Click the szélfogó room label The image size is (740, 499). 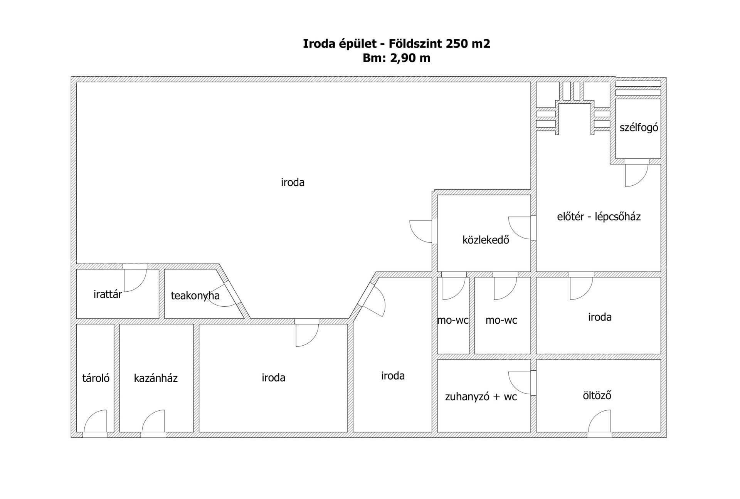639,128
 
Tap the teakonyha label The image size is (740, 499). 195,296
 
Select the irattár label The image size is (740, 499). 108,294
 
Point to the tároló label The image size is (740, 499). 96,378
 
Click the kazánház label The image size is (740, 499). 156,378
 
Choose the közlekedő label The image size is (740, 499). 486,240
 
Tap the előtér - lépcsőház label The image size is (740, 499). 599,217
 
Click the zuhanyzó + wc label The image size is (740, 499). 481,397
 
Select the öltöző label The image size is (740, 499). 597,395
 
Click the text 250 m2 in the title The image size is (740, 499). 468,44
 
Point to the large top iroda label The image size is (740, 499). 293,182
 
